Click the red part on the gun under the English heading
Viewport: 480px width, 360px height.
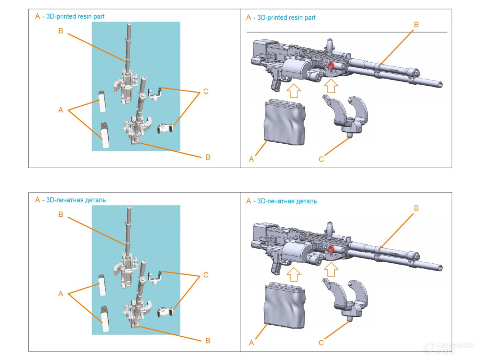point(331,66)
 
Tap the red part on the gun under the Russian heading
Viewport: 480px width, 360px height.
point(331,249)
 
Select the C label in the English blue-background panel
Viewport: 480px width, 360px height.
point(206,92)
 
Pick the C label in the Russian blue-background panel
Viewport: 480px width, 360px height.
point(206,275)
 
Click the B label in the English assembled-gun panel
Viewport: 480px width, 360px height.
point(416,25)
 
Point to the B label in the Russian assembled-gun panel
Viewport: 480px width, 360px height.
point(416,208)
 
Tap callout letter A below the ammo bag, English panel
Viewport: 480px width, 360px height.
point(251,159)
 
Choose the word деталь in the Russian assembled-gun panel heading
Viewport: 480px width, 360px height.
point(306,201)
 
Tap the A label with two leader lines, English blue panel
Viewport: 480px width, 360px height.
point(61,110)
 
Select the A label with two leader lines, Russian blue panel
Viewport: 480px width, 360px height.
point(61,293)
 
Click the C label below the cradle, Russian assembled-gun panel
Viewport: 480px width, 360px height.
point(321,343)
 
